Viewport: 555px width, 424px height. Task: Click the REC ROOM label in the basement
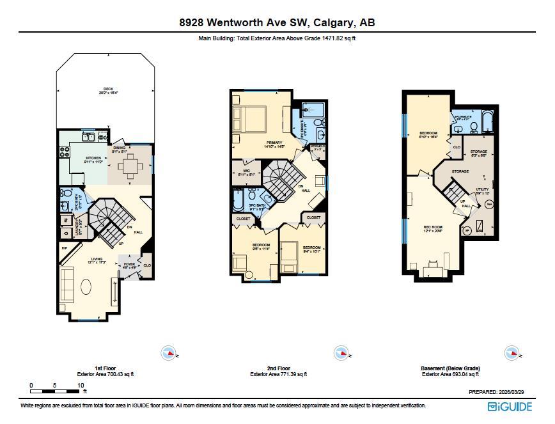(x=434, y=228)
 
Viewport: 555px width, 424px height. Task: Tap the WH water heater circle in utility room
(x=489, y=204)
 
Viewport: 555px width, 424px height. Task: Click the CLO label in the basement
(x=457, y=147)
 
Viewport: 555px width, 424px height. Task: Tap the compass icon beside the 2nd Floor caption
(x=341, y=352)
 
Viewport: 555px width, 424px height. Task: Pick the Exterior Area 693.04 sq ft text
(x=450, y=374)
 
